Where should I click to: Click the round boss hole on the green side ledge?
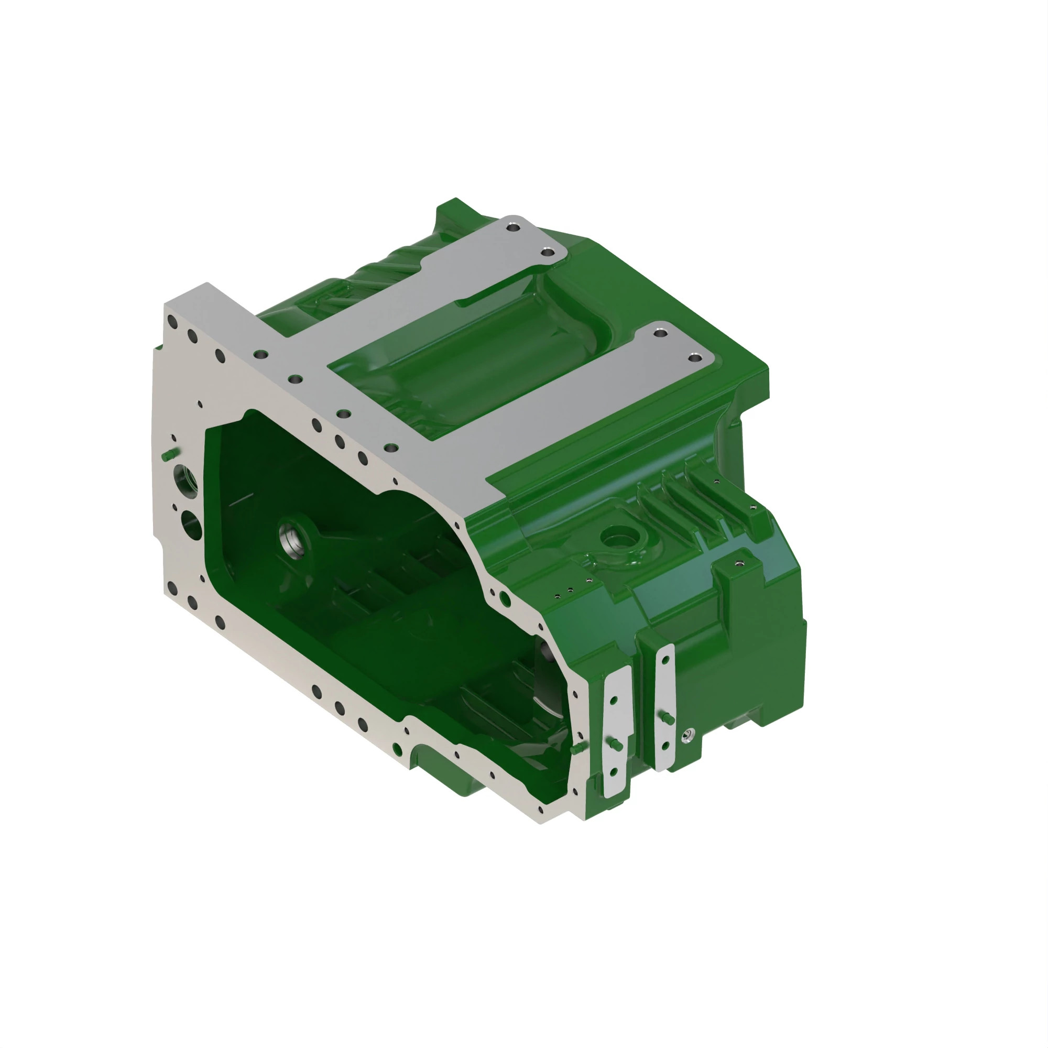pyautogui.click(x=620, y=539)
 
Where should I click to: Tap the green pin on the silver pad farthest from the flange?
pyautogui.click(x=669, y=719)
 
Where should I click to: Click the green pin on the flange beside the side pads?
pyautogui.click(x=576, y=748)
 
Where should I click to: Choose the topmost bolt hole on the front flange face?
pyautogui.click(x=173, y=322)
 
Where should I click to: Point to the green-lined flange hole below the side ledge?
pyautogui.click(x=505, y=599)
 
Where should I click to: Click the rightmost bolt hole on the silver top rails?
pyautogui.click(x=694, y=357)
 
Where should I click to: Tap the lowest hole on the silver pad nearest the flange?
pyautogui.click(x=614, y=772)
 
